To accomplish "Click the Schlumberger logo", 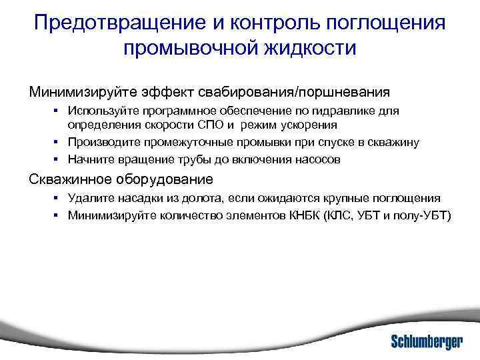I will pyautogui.click(x=427, y=341).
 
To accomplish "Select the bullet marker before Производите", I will pyautogui.click(x=59, y=142).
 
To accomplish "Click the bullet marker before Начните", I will pyautogui.click(x=59, y=159).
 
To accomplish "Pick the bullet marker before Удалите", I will pyautogui.click(x=59, y=198).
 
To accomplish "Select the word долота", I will pyautogui.click(x=209, y=198).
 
